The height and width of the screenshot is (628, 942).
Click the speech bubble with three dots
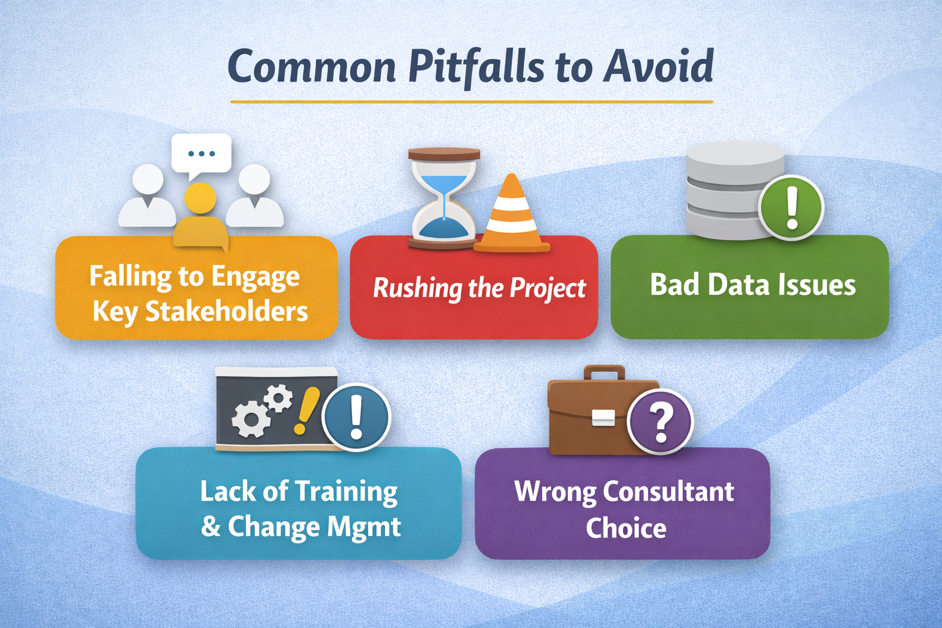[x=201, y=153]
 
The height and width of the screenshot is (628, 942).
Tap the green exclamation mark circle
[x=791, y=207]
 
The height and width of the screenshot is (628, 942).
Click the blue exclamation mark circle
[x=356, y=417]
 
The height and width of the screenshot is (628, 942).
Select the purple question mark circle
[x=661, y=423]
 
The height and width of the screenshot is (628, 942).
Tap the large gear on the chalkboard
[x=250, y=420]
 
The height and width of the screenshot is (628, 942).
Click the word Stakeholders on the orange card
[x=227, y=312]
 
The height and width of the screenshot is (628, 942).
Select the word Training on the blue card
[x=347, y=492]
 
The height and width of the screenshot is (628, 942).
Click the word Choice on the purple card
[x=626, y=528]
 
